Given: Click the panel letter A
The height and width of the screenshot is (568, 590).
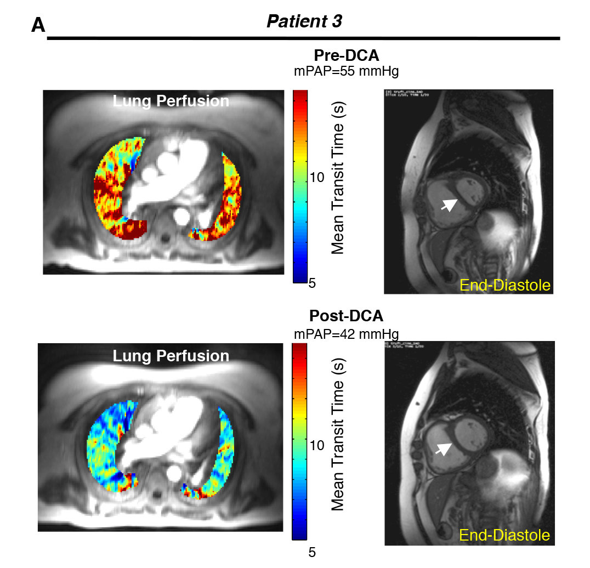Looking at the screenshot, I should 38,25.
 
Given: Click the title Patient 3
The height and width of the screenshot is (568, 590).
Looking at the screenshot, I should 304,21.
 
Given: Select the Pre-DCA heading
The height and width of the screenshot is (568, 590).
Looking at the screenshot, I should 347,56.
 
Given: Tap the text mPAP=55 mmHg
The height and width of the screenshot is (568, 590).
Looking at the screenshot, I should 347,71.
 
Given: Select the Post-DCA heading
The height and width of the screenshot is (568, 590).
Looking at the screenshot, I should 346,316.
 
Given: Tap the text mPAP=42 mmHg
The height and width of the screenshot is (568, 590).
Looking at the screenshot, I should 347,333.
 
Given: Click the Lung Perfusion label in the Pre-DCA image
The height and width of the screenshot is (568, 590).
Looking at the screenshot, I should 171,101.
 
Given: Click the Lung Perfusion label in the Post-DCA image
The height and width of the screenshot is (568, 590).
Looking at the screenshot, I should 171,356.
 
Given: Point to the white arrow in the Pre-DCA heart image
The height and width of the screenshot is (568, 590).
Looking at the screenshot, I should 449,205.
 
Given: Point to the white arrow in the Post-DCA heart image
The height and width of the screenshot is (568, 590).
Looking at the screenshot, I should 444,448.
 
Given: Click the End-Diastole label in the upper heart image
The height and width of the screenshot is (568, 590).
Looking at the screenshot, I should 504,285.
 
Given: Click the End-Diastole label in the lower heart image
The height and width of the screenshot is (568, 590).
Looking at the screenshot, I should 504,535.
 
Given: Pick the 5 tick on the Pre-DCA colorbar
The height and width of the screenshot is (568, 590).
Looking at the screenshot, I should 312,283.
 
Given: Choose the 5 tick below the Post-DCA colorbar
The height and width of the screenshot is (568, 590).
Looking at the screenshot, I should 312,552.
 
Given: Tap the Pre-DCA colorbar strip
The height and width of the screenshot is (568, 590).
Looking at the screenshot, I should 299,187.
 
